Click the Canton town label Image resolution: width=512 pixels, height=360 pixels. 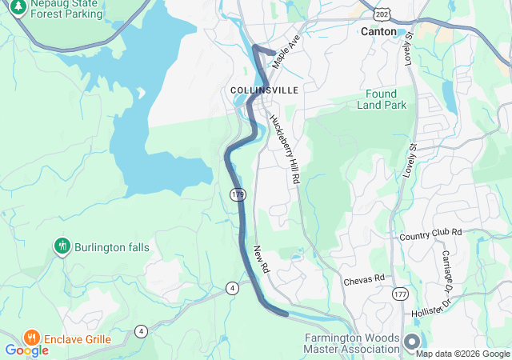[x=378, y=31]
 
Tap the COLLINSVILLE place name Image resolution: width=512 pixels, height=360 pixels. [x=264, y=90]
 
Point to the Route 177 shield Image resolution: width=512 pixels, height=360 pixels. [x=400, y=294]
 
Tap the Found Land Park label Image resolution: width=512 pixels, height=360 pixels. [x=387, y=99]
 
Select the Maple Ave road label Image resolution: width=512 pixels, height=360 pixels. [x=284, y=55]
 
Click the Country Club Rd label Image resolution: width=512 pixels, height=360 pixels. [x=431, y=233]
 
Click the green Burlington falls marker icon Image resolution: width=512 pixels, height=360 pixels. [x=62, y=246]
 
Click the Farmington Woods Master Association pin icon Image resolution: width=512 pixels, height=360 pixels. [x=411, y=342]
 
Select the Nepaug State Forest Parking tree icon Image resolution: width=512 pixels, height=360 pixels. [x=18, y=8]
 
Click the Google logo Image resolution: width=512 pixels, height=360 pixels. [x=26, y=350]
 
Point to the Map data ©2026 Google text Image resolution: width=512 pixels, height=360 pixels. [x=462, y=354]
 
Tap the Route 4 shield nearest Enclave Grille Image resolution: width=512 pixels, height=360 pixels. [x=142, y=330]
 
